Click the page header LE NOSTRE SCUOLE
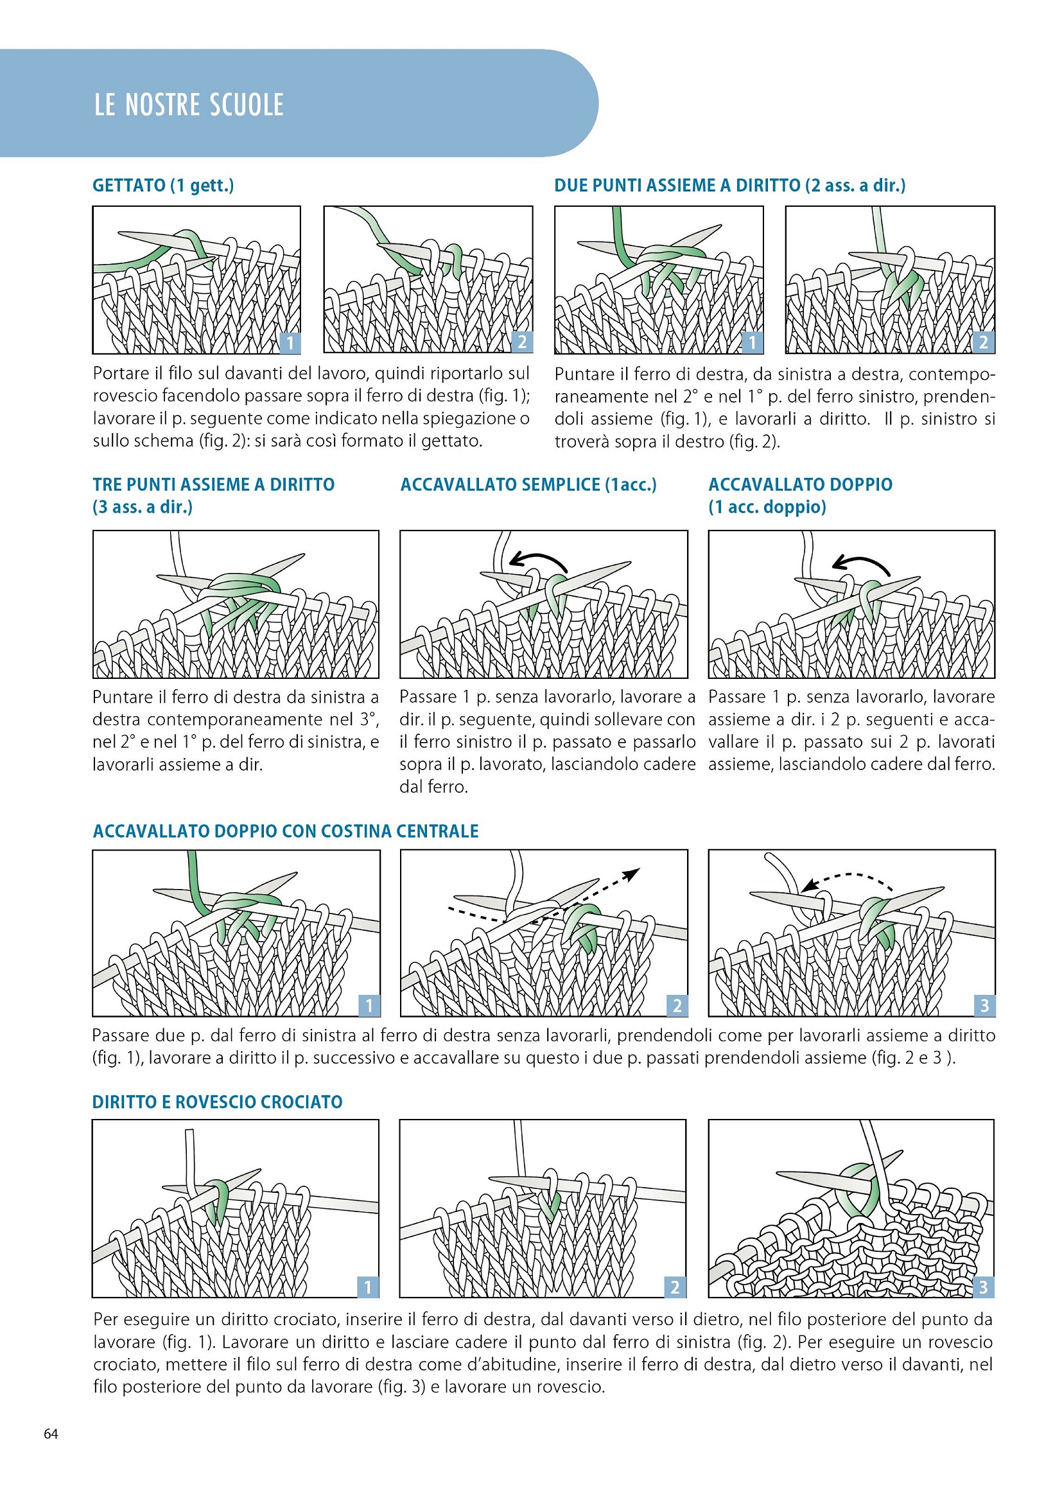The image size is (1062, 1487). [189, 105]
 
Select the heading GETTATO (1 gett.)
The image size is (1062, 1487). [164, 185]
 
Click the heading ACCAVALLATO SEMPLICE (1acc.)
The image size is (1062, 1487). [528, 484]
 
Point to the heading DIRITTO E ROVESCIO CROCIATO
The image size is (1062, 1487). [217, 1102]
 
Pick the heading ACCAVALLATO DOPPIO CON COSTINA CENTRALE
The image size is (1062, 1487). [286, 831]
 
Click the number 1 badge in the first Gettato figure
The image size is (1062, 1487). [290, 342]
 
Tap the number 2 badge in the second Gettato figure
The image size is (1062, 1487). [522, 342]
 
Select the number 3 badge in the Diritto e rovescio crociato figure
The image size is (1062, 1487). [983, 1287]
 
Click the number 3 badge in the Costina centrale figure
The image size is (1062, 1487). [984, 1005]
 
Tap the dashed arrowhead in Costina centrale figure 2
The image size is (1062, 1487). [632, 874]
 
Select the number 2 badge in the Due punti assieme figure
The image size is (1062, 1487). [984, 342]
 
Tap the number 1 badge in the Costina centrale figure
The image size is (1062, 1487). [369, 1005]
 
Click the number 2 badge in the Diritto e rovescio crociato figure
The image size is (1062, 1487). [675, 1287]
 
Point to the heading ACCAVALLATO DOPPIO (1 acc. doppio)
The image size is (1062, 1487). [801, 495]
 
